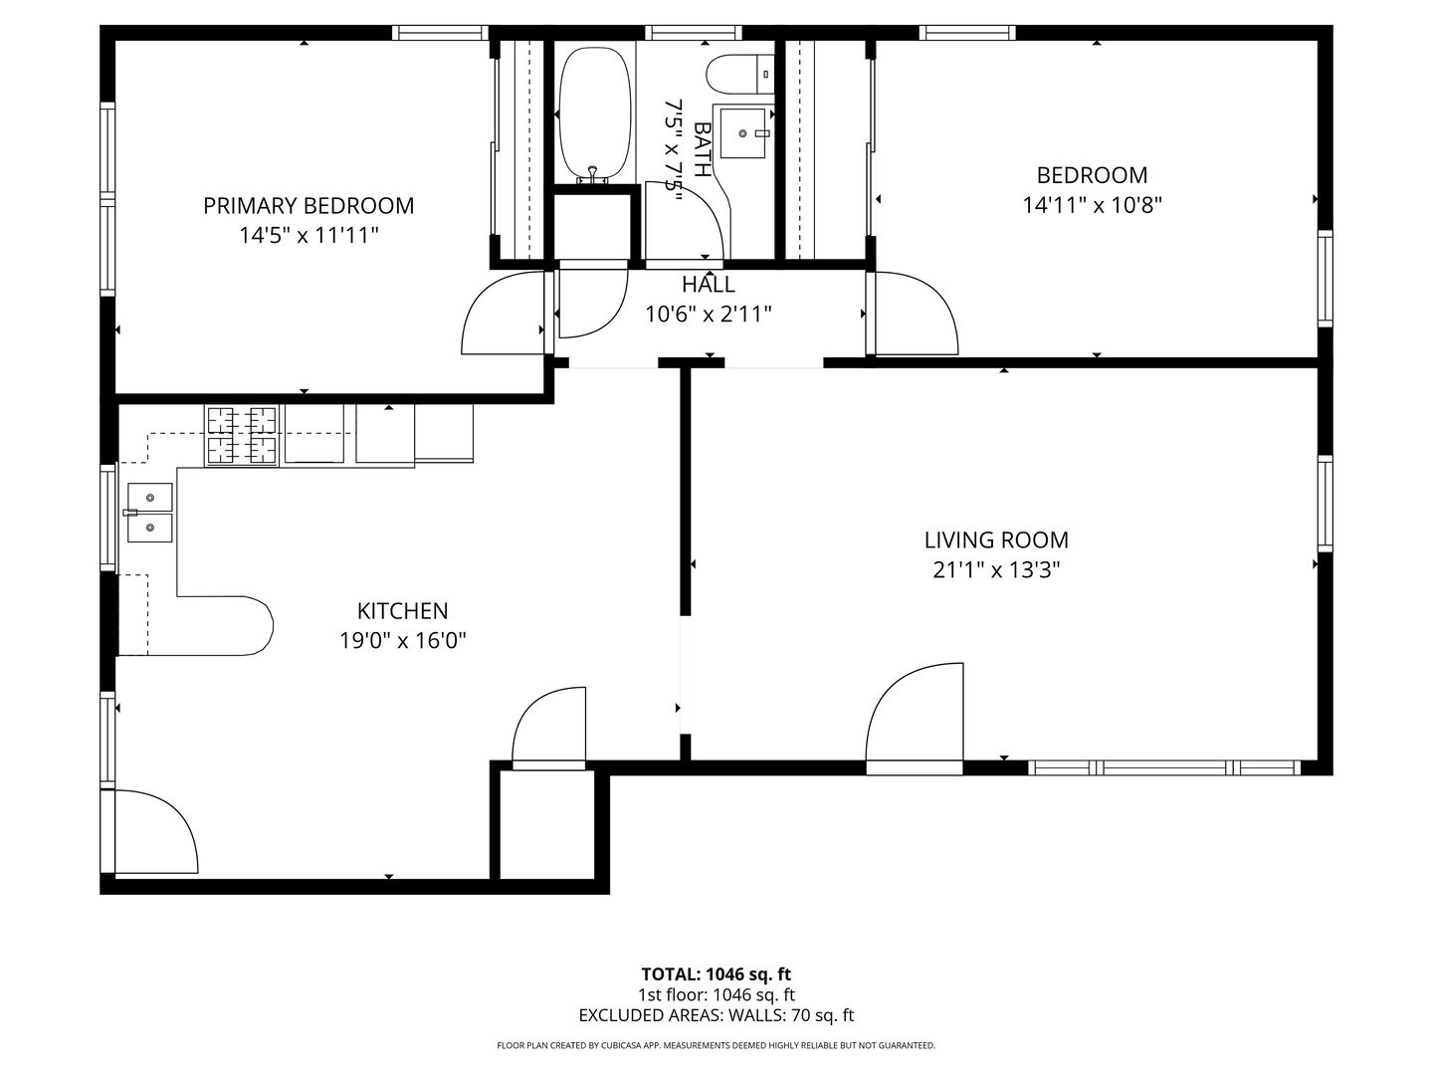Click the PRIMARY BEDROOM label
(308, 206)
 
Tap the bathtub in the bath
(594, 112)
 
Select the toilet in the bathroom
(738, 72)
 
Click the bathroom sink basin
(743, 133)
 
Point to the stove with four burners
(241, 435)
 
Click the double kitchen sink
(149, 512)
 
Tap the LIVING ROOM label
(996, 540)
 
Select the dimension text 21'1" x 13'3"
(996, 570)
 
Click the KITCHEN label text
(402, 611)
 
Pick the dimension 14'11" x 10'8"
(1092, 205)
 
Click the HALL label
(709, 286)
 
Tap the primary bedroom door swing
(505, 317)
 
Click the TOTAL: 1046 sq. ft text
(716, 974)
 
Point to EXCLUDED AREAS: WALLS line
(716, 1016)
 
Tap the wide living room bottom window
(1163, 767)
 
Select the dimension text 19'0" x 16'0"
(402, 640)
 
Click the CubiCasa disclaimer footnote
(716, 1046)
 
